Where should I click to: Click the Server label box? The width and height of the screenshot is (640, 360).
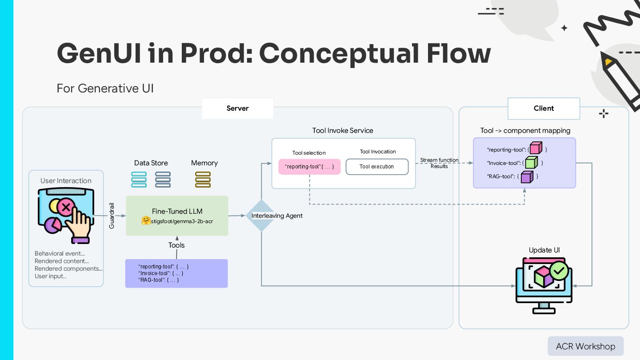tap(237, 108)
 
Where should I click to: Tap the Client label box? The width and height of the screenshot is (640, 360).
tap(544, 108)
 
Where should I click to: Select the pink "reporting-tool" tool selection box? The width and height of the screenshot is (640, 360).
tap(309, 167)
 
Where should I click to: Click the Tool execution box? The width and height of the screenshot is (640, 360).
tap(377, 167)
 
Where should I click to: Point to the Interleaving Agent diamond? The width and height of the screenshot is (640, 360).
tap(261, 216)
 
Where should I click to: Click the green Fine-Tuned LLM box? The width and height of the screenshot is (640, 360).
tap(177, 216)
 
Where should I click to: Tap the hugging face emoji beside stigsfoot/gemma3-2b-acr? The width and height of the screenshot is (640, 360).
tap(146, 220)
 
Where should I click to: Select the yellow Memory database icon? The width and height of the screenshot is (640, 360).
tap(203, 180)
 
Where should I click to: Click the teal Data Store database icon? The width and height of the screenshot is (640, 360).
tap(139, 180)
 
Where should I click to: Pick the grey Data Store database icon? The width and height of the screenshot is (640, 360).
tap(163, 180)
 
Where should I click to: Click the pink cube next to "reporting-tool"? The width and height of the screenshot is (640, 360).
tap(536, 148)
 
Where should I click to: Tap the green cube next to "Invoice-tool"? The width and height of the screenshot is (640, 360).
tap(532, 162)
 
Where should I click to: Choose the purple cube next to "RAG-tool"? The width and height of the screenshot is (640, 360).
tap(527, 176)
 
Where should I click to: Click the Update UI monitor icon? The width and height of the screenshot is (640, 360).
tap(544, 286)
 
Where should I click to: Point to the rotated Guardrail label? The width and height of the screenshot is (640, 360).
tap(112, 216)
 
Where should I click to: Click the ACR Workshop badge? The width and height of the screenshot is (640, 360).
tap(585, 346)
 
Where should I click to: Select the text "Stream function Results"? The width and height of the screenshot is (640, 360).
tap(439, 163)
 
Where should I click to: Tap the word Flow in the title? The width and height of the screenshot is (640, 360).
tap(459, 53)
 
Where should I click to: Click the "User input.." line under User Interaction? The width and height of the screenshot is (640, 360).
tap(50, 276)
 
